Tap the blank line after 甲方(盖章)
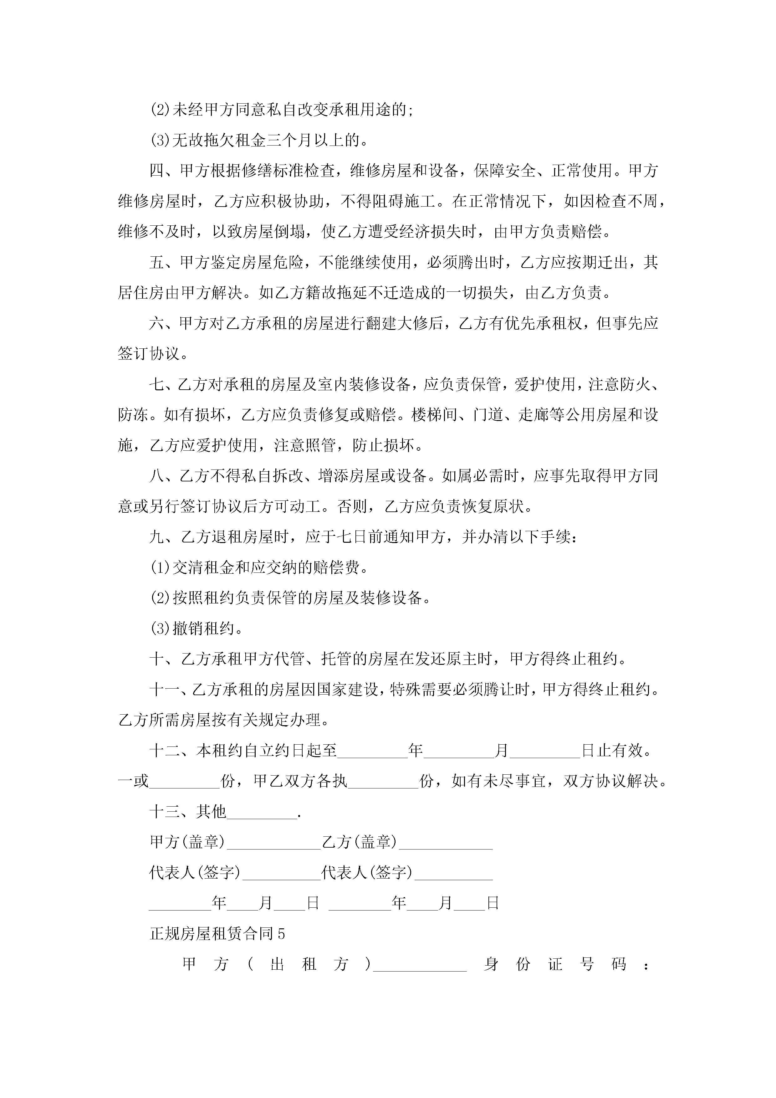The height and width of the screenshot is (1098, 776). coord(273,842)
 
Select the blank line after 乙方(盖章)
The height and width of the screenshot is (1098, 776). coord(446,842)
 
